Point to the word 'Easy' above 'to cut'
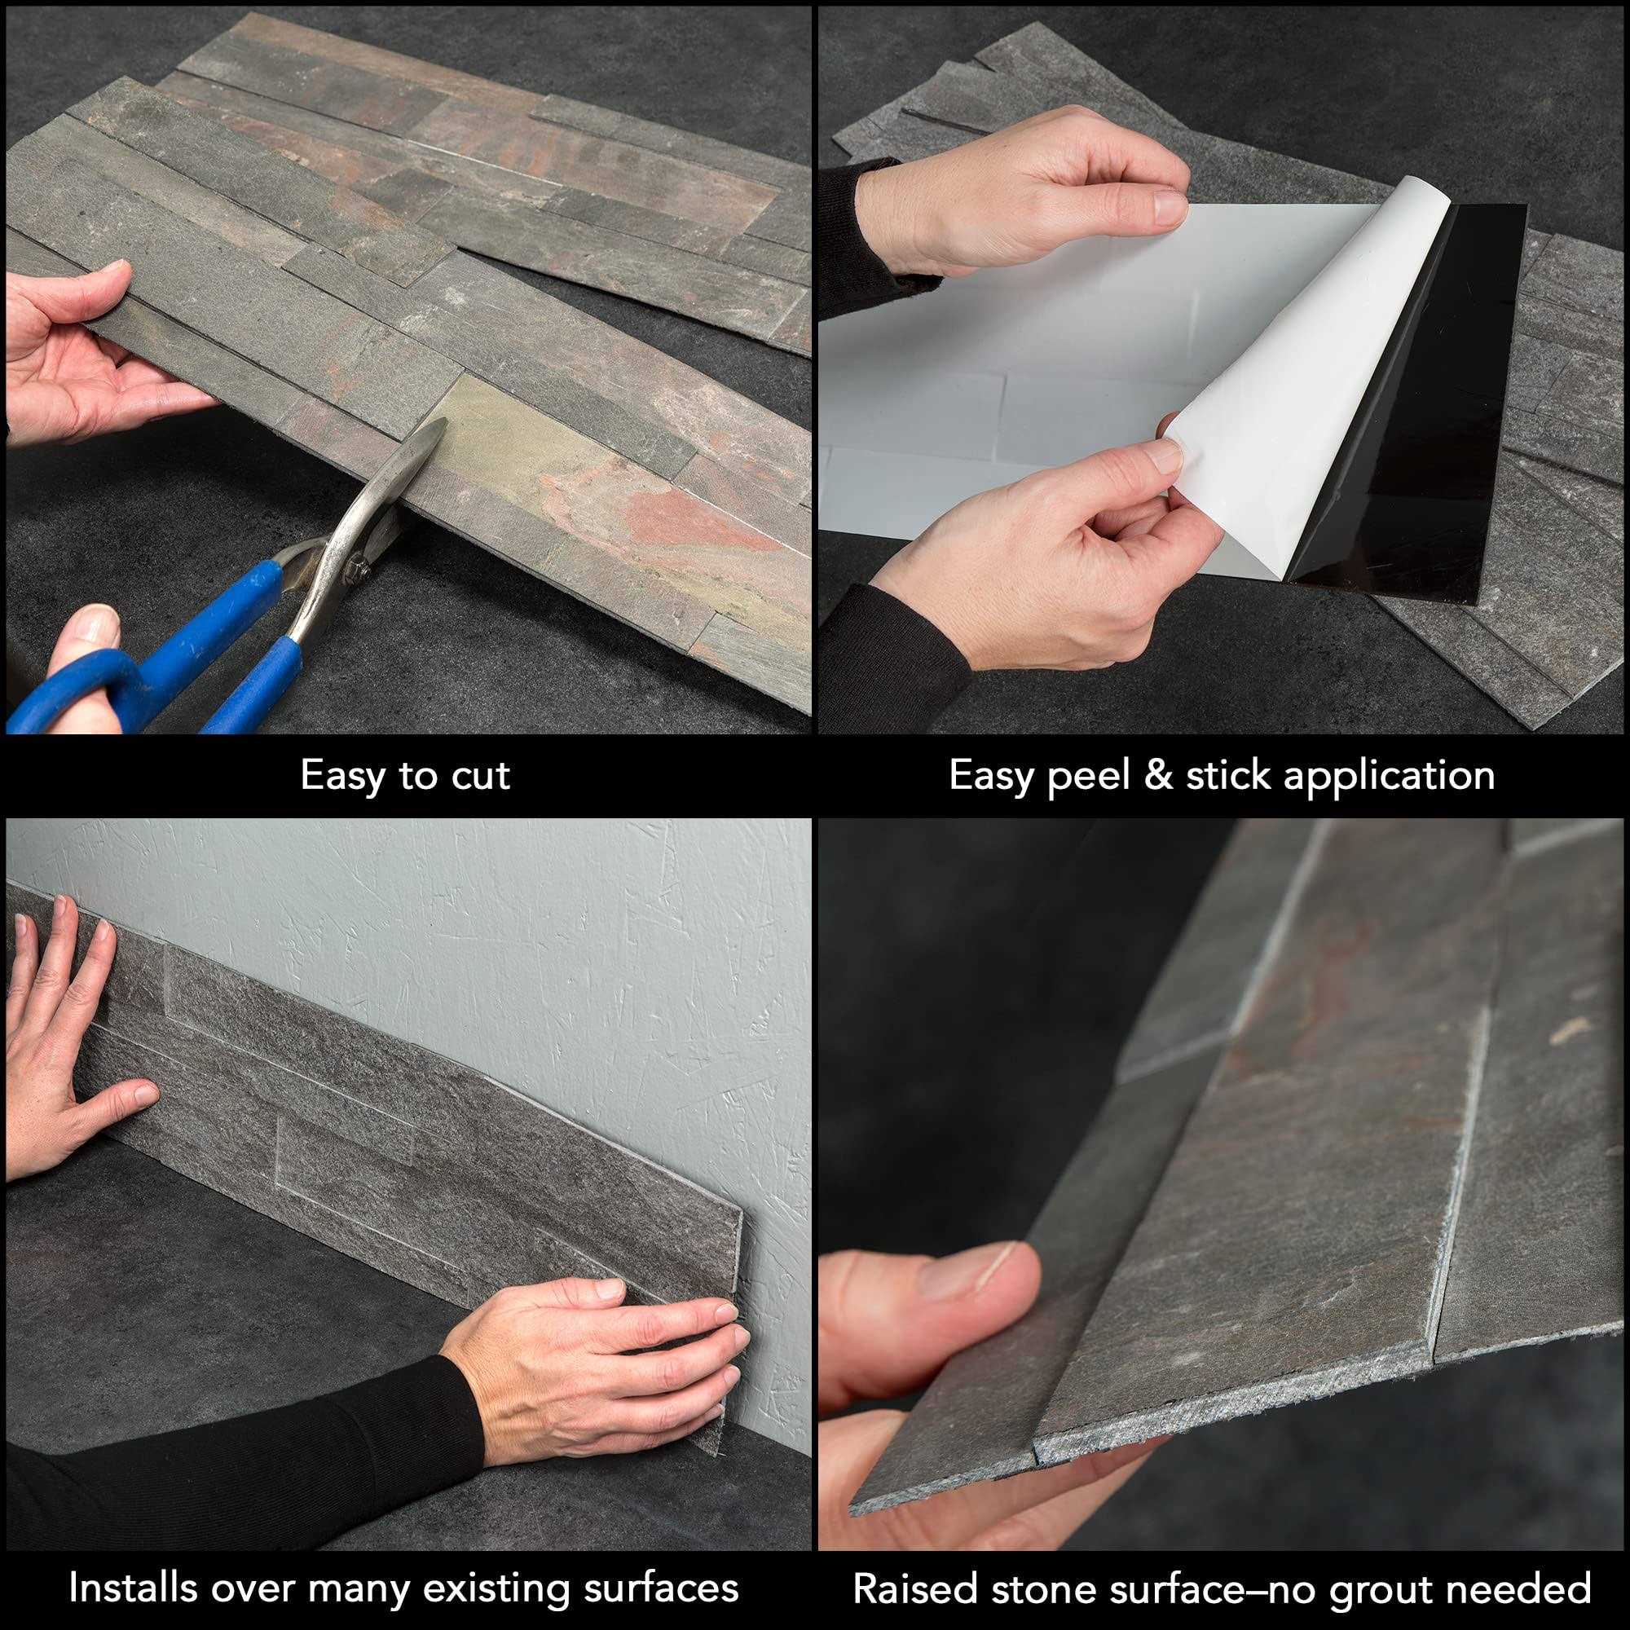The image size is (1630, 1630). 341,776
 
